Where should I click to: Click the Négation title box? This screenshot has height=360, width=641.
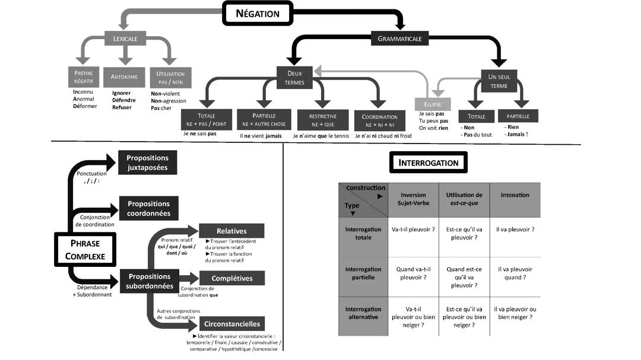coord(258,13)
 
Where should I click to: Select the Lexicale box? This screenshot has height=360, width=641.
coord(125,40)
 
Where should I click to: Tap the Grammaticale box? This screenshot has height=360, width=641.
coord(400,39)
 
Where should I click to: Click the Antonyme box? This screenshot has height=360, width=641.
coord(124,77)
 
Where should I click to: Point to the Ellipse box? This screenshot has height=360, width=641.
coord(432,103)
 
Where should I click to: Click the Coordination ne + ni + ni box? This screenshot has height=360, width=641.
coord(380,120)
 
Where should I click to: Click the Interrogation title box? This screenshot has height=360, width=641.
coord(428,163)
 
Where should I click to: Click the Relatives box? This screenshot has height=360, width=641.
coord(231,231)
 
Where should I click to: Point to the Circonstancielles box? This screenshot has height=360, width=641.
coord(231,324)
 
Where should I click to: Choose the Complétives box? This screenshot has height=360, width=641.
coord(231,278)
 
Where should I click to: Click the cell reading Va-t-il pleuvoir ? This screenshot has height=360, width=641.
coord(413,229)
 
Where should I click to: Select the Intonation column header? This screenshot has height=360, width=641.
coord(515,195)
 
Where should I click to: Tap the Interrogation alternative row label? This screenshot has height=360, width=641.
coord(363,313)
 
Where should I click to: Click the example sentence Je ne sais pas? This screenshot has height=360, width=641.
coord(199,135)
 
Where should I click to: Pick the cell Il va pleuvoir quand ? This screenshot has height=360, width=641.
coord(516,273)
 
